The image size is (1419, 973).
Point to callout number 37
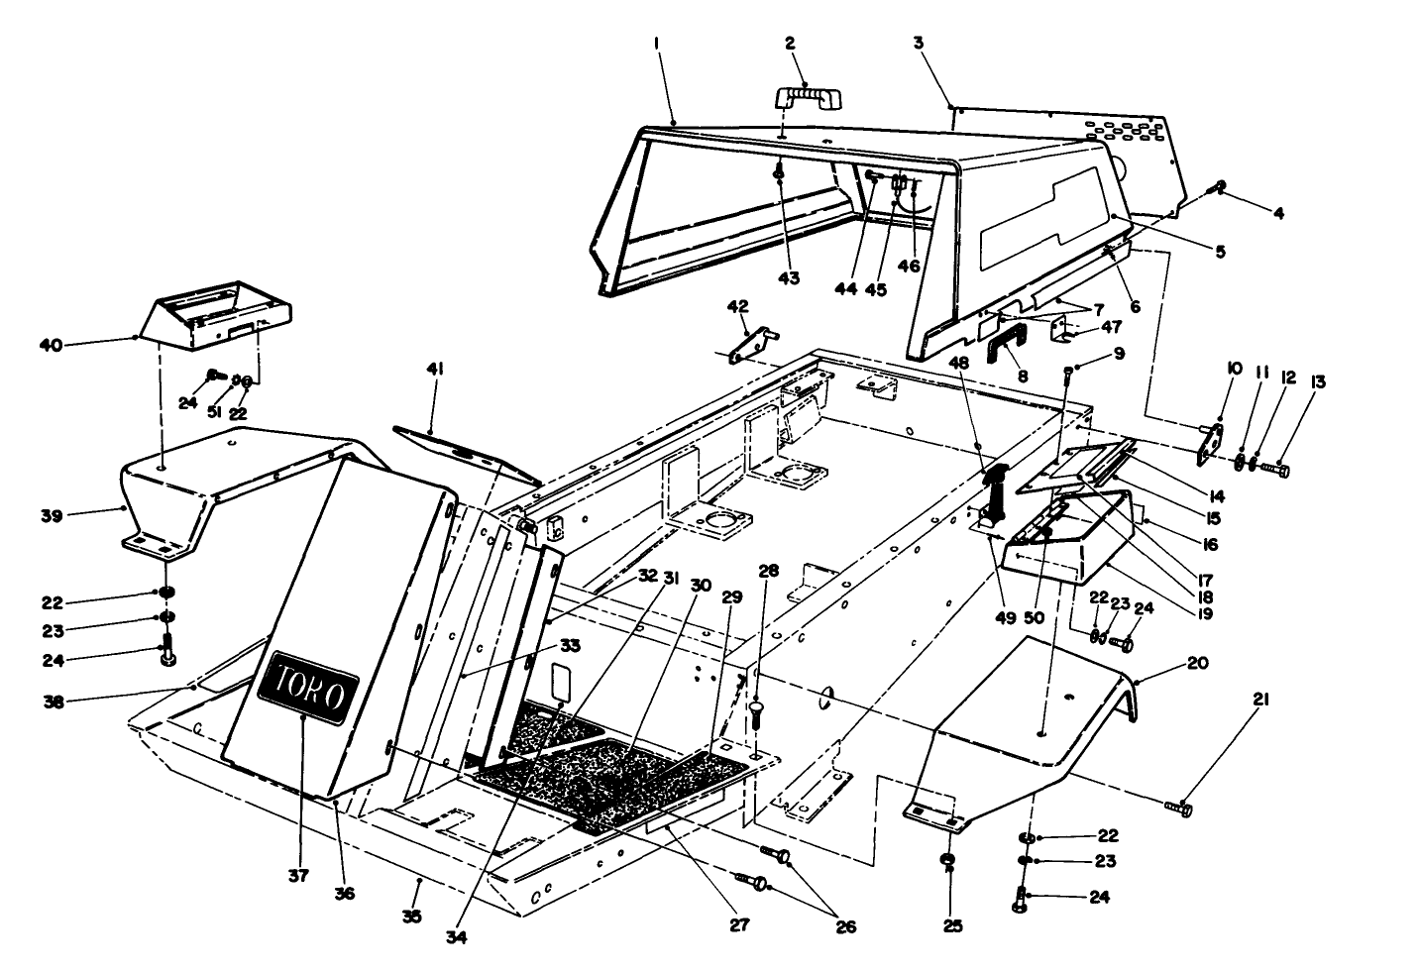click(299, 875)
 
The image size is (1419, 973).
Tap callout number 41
click(435, 370)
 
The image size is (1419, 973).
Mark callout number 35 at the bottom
click(412, 917)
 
